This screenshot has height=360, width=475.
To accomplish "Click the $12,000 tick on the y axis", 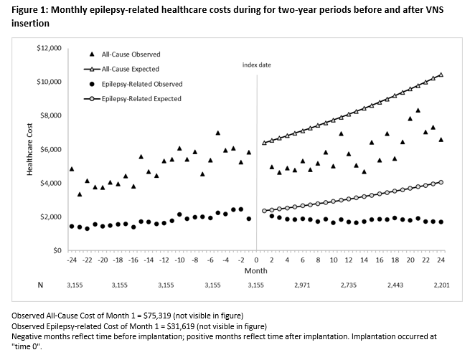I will pyautogui.click(x=50, y=48).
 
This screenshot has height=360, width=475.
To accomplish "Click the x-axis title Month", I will pyautogui.click(x=255, y=272).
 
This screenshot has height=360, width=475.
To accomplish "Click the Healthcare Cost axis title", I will pyautogui.click(x=29, y=149).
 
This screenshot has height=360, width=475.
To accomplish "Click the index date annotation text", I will pyautogui.click(x=256, y=65).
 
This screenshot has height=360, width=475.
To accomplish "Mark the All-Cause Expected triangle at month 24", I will pyautogui.click(x=441, y=75).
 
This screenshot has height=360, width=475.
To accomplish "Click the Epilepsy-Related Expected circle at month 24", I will pyautogui.click(x=441, y=182).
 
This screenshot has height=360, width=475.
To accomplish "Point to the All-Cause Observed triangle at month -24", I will pyautogui.click(x=72, y=169).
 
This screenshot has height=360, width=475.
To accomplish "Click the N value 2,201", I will pyautogui.click(x=441, y=285).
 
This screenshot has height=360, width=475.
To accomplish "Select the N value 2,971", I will pyautogui.click(x=302, y=285).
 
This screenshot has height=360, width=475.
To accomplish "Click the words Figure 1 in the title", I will pyautogui.click(x=30, y=9).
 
